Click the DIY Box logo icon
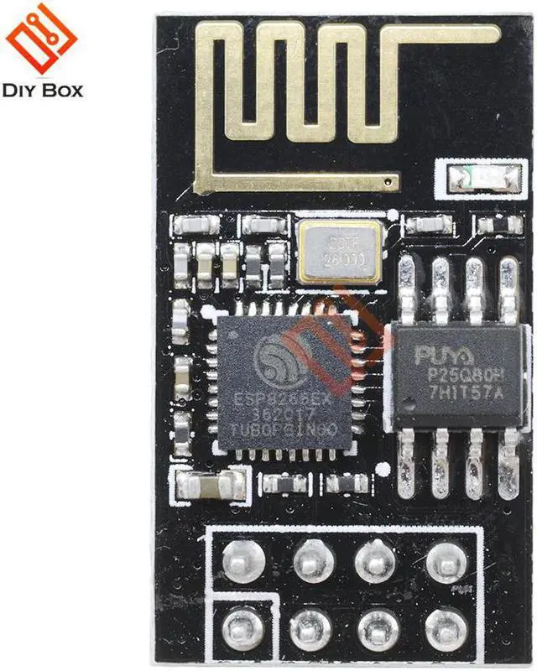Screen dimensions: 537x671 [41, 41]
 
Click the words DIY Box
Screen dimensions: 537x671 [43, 90]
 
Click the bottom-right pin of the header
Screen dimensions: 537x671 [444, 625]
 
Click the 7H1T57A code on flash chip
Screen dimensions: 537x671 [454, 391]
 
